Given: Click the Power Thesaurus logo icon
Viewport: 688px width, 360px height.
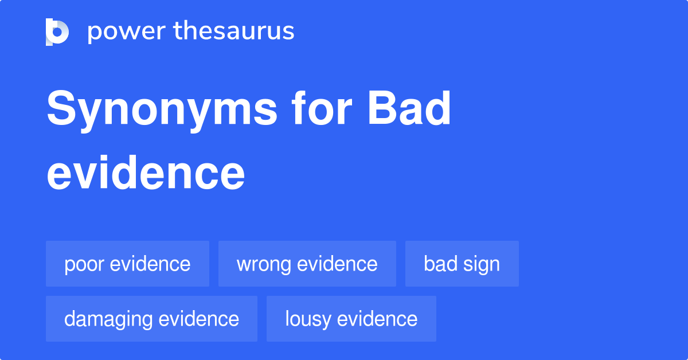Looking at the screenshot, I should tap(57, 32).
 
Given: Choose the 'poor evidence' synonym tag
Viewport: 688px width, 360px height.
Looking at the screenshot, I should tap(127, 264).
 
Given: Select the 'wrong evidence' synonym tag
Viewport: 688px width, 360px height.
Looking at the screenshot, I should tap(307, 264).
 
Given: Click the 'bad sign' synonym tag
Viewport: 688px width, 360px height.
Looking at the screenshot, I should tap(462, 264).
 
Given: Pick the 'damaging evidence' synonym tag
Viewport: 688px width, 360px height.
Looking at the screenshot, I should tap(151, 319).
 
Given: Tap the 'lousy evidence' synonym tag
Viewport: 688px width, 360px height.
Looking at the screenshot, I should tap(351, 319).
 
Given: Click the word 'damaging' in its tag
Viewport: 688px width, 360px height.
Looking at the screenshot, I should tap(108, 319).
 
